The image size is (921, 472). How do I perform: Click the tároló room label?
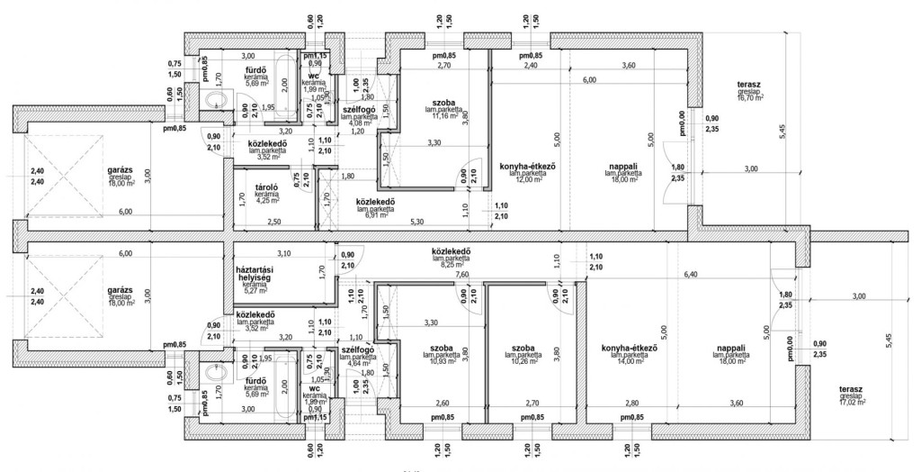click(264, 187)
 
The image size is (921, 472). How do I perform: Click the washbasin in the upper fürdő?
click(216, 101)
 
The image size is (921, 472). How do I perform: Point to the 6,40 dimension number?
click(691, 274)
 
